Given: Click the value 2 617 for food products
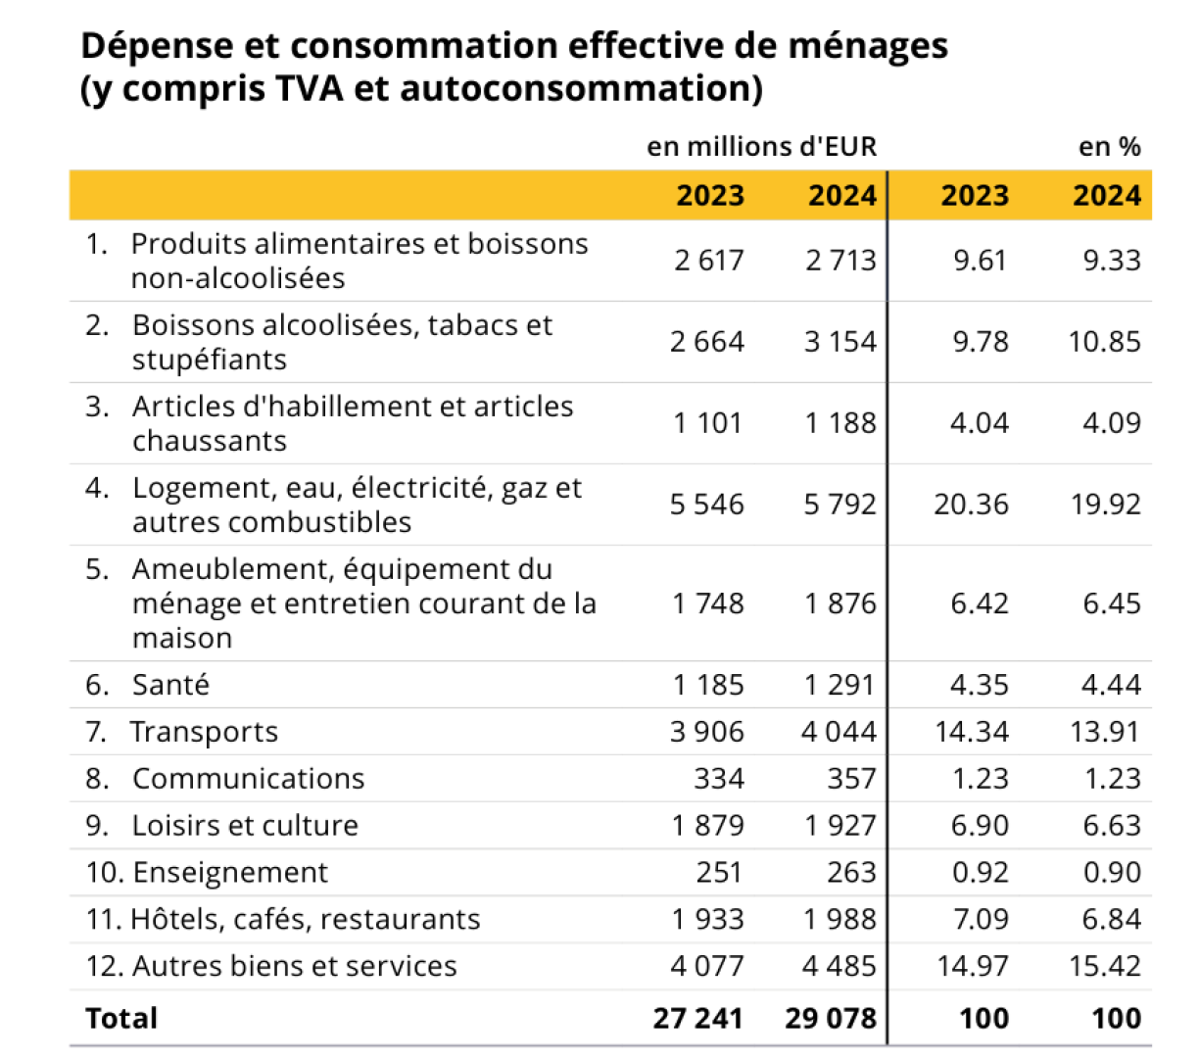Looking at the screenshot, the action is coord(708,261).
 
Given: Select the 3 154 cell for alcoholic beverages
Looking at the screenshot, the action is coord(839,342).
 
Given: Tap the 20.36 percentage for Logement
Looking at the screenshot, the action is coord(971,505).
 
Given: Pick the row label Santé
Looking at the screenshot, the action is coord(170,685).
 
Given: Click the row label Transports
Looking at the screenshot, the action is coord(204,732).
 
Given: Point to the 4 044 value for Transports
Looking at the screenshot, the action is coord(839,732).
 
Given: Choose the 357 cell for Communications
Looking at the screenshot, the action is coord(851,778).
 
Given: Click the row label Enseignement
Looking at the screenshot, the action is coord(230,872).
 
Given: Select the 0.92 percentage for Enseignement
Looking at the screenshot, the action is coord(980,872).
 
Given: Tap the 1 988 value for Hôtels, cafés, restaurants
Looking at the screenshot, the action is coord(839,919).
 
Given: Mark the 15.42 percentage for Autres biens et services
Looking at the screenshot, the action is coord(1105,966).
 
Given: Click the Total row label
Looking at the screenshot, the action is coord(121,1018).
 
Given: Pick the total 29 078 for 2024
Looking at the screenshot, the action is coord(831,1019).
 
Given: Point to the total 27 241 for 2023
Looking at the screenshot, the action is coord(698,1019).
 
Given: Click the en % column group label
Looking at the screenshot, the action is coord(1110,147).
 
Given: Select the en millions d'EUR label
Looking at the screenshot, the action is coord(762,146).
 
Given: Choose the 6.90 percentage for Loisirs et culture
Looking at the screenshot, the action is coord(980,825).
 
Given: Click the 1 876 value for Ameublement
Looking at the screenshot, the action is coord(839,603).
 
